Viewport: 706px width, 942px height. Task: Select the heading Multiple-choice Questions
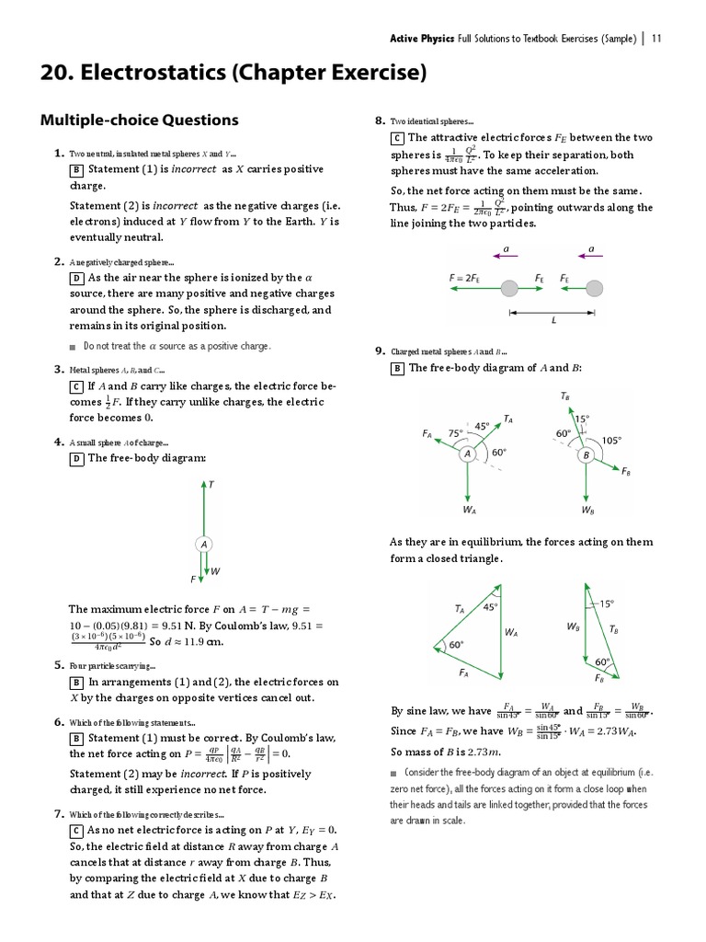click(139, 120)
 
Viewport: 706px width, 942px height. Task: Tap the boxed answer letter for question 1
click(76, 170)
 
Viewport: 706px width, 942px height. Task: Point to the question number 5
click(58, 665)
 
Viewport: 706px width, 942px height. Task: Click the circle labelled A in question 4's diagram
click(202, 545)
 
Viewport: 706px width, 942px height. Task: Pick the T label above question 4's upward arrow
click(211, 484)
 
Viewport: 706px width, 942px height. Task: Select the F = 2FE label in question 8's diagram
click(468, 276)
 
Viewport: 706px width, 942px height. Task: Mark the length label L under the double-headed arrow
click(553, 321)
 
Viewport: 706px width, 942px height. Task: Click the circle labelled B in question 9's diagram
click(585, 454)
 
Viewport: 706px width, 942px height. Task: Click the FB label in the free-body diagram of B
click(625, 471)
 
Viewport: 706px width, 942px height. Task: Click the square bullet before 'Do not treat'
click(73, 347)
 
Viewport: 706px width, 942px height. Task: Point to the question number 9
click(379, 351)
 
